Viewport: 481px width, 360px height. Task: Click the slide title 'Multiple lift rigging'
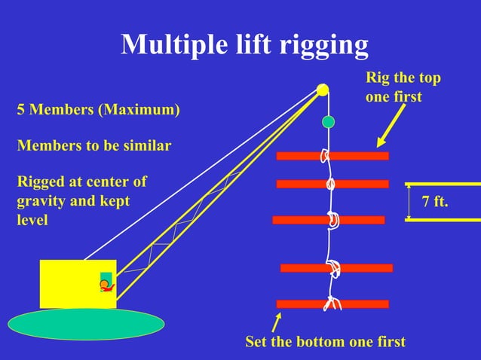(244, 46)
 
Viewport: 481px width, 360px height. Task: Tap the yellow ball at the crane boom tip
(323, 90)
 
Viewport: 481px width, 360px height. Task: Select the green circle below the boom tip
(328, 121)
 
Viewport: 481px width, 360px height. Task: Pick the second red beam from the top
(362, 184)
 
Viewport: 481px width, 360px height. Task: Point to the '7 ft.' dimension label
(434, 203)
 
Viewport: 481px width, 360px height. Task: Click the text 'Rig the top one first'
(403, 87)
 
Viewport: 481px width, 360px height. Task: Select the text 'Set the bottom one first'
(325, 342)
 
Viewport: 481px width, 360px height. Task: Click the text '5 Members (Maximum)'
(98, 111)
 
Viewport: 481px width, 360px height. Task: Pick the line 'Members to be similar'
(93, 145)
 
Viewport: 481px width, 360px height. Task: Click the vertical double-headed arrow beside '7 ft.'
(409, 202)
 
